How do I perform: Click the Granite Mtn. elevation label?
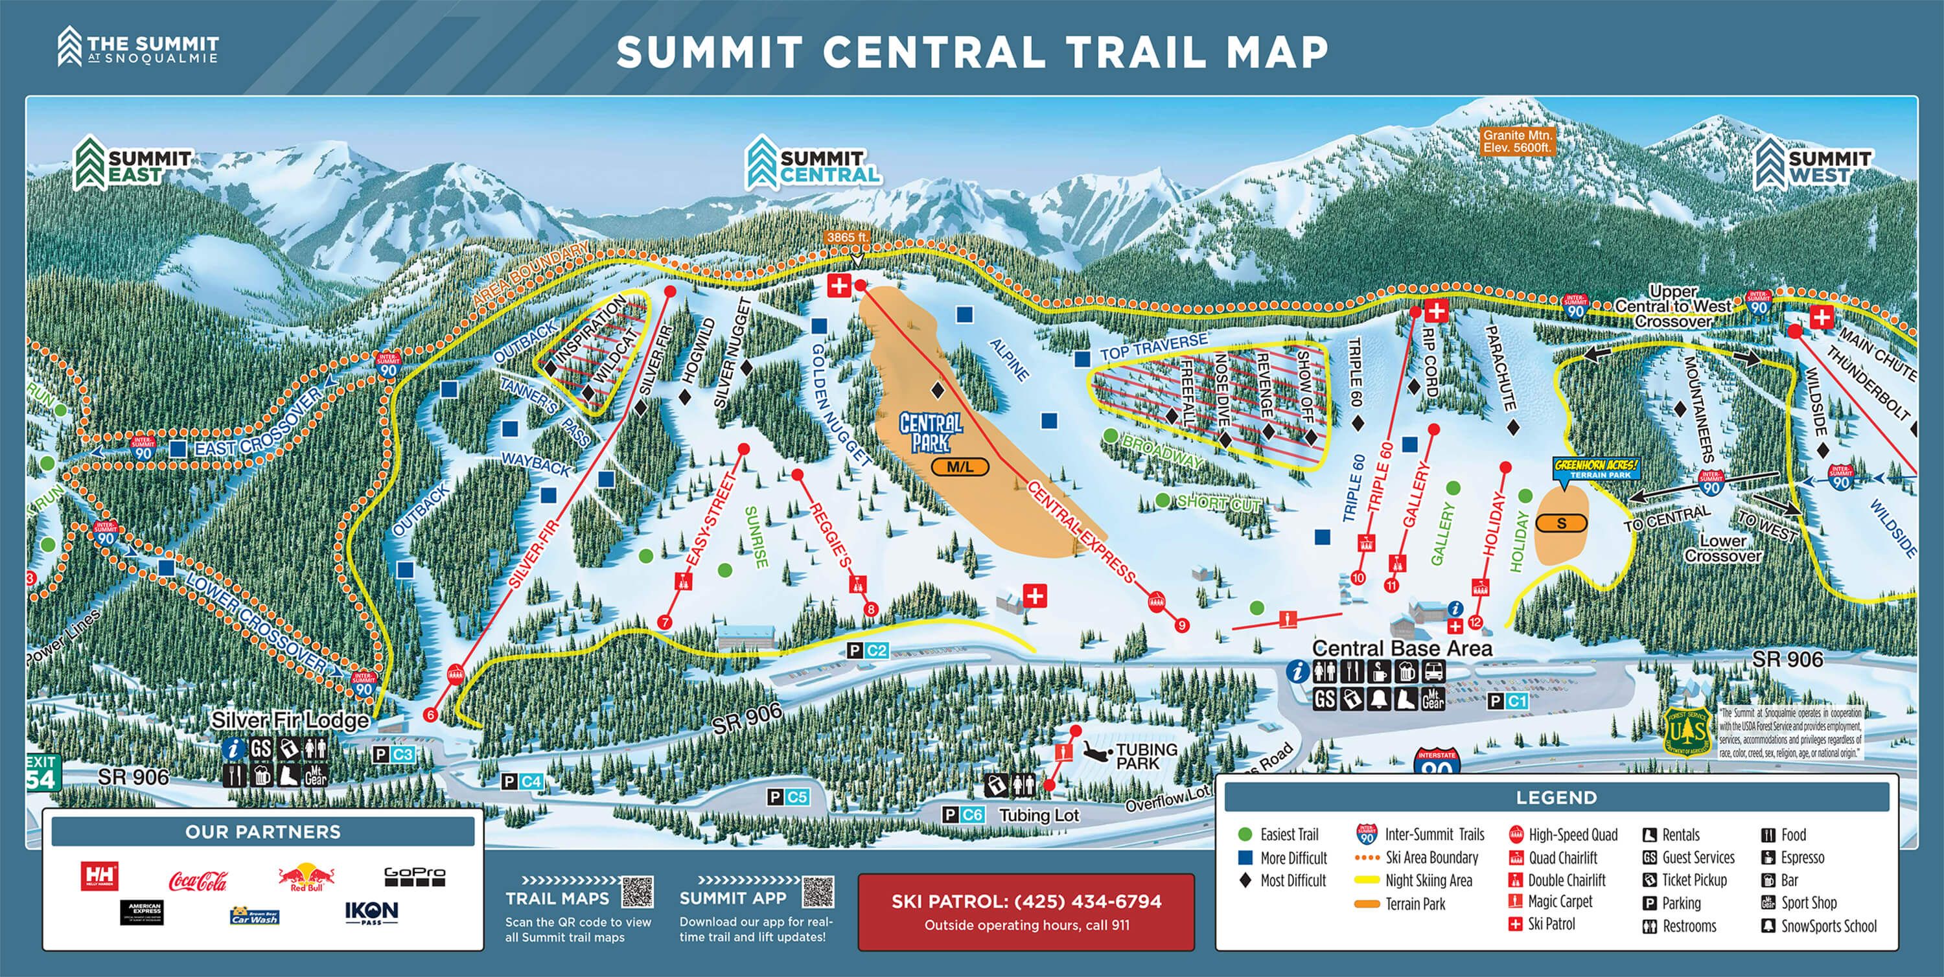point(1517,141)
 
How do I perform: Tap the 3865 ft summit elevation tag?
point(847,237)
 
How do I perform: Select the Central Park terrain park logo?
point(931,433)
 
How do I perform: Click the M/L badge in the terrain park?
point(959,467)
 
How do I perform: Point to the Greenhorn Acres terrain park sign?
point(1595,468)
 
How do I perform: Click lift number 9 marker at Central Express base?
point(1182,625)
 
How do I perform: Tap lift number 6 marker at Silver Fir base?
point(431,715)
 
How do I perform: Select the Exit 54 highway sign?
point(41,772)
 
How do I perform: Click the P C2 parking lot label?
point(867,650)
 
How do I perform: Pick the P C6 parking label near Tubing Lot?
point(964,815)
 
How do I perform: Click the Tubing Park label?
point(1146,755)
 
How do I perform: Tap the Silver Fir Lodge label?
point(290,720)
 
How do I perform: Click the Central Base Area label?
point(1402,648)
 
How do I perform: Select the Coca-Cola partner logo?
point(198,880)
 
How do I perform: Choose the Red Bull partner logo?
point(306,877)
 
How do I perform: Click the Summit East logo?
point(133,165)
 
